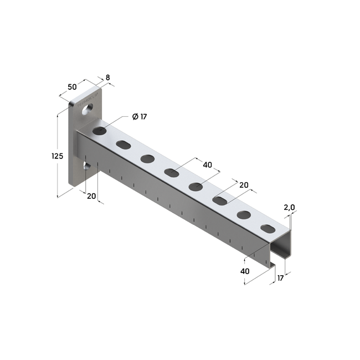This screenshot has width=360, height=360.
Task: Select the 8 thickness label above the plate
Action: [107, 78]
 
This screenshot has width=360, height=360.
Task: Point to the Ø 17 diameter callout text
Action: [139, 116]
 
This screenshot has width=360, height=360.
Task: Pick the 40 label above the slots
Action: [207, 165]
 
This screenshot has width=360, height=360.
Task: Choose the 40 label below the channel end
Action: [244, 271]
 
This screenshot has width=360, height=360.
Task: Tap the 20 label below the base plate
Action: [91, 196]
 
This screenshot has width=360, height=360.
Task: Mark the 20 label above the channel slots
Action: [243, 186]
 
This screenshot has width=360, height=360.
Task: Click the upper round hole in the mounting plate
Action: [86, 111]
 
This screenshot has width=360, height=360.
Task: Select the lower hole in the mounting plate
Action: [86, 165]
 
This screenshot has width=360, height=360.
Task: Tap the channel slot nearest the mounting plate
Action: [99, 131]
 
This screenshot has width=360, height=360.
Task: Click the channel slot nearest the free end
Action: [268, 228]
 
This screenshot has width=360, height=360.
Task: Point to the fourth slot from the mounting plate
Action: [171, 173]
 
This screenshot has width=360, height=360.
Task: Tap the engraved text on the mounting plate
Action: [89, 101]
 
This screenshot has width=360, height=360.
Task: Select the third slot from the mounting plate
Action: [147, 159]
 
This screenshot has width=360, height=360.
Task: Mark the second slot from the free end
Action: [244, 214]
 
